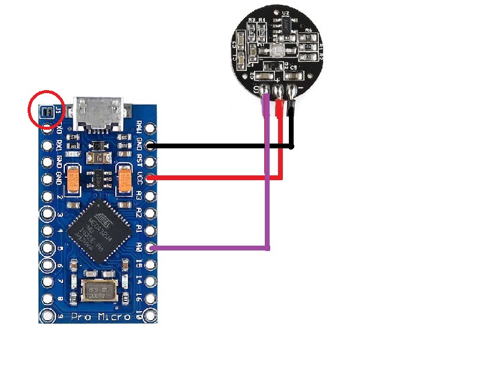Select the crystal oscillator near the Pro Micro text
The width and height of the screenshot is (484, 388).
98,292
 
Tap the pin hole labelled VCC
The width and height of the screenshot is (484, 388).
151,178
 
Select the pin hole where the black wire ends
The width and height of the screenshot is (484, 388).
151,145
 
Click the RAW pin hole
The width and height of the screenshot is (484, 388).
151,128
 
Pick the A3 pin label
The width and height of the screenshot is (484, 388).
139,195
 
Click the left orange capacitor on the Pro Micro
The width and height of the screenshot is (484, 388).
73,180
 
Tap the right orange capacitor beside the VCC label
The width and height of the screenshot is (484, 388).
126,180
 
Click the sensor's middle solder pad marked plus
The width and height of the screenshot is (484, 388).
279,92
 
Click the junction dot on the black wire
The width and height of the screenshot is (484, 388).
292,146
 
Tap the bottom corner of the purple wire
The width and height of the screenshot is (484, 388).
268,247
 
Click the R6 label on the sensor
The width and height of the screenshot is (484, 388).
309,30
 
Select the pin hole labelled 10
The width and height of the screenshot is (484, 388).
151,315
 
